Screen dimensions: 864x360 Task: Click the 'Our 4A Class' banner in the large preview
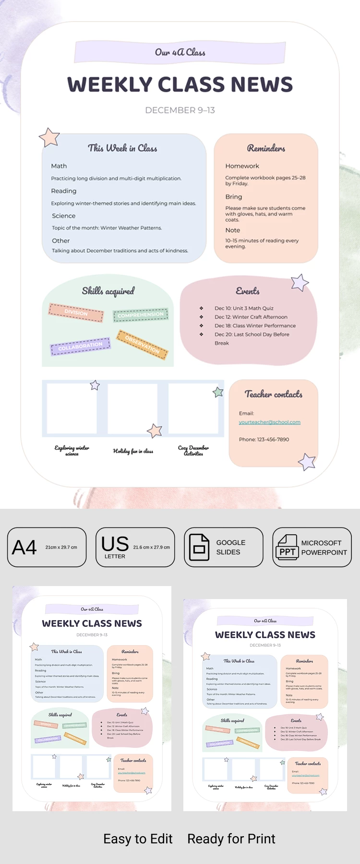coord(180,52)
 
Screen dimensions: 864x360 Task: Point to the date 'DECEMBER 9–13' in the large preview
coord(180,110)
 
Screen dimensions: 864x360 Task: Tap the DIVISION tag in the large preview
coord(76,312)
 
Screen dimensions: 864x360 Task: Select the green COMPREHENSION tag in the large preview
coord(141,315)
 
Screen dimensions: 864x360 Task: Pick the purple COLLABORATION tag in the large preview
coord(80,346)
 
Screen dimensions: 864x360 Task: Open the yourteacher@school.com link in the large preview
coord(269,422)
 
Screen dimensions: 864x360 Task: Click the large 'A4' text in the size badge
coord(24,547)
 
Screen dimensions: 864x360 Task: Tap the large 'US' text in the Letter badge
coord(115,544)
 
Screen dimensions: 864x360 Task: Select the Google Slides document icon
coord(199,547)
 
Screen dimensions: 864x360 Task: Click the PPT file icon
coord(287,547)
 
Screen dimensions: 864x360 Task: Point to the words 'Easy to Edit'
coord(138,839)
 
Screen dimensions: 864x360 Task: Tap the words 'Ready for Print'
coord(231,839)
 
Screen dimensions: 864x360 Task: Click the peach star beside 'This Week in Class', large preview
coord(49,137)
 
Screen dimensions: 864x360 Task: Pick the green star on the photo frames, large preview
coord(218,392)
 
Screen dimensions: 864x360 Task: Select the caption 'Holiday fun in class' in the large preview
coord(133,451)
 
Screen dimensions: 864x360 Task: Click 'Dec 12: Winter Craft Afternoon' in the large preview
coord(251,317)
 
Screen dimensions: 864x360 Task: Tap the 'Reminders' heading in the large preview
coord(266,148)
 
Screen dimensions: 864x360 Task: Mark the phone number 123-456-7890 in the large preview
coord(264,439)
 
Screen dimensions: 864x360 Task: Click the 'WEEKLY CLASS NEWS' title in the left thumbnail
coord(92,624)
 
